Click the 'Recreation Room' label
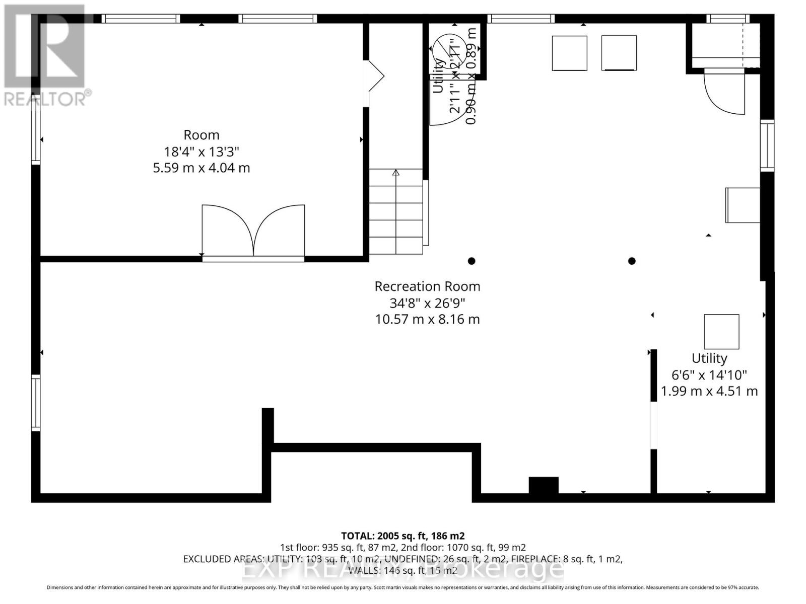pos(427,286)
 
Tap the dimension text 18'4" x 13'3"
pos(201,152)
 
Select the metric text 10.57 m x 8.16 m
pos(427,319)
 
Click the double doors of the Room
pos(253,232)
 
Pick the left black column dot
pos(472,261)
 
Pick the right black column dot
pos(632,261)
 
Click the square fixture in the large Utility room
pos(721,332)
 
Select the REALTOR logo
pos(45,55)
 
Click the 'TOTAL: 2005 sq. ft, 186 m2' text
pos(402,536)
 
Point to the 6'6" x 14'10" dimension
pos(709,375)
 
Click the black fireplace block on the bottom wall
pos(544,485)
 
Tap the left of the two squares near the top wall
pos(569,53)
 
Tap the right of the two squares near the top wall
pos(619,53)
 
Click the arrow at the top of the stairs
pos(396,173)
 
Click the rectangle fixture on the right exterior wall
pos(743,205)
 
